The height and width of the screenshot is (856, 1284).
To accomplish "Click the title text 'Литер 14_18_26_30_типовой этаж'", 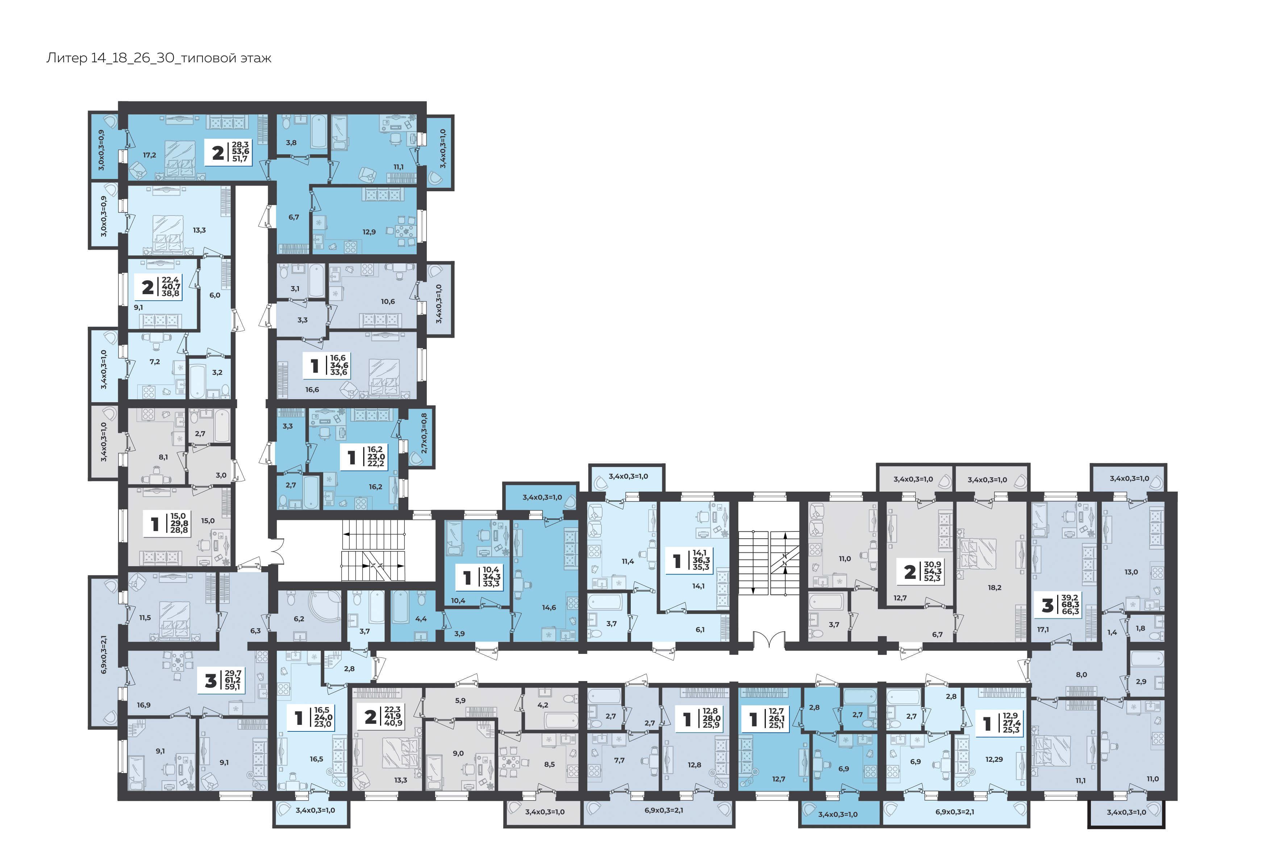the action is click(159, 58).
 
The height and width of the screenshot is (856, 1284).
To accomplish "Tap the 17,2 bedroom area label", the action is click(150, 155).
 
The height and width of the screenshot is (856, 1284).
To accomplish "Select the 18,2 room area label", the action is click(995, 588).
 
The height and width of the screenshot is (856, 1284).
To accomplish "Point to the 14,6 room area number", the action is click(549, 607).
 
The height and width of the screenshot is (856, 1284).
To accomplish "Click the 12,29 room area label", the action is click(994, 759).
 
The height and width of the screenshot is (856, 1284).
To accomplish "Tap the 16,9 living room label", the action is click(143, 705).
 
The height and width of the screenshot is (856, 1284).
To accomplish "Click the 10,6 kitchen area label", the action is click(388, 301).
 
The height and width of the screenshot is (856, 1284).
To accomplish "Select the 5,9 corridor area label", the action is click(460, 701).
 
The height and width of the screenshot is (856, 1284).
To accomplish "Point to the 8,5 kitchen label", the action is click(549, 764).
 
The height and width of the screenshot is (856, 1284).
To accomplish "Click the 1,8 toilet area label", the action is click(1141, 629).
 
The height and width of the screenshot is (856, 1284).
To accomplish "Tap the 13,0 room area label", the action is click(1131, 572).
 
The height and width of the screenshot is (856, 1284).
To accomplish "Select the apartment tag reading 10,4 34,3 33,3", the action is click(491, 576).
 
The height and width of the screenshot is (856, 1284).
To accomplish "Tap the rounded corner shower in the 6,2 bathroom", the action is click(325, 610).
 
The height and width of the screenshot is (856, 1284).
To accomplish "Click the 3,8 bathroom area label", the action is click(292, 142).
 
